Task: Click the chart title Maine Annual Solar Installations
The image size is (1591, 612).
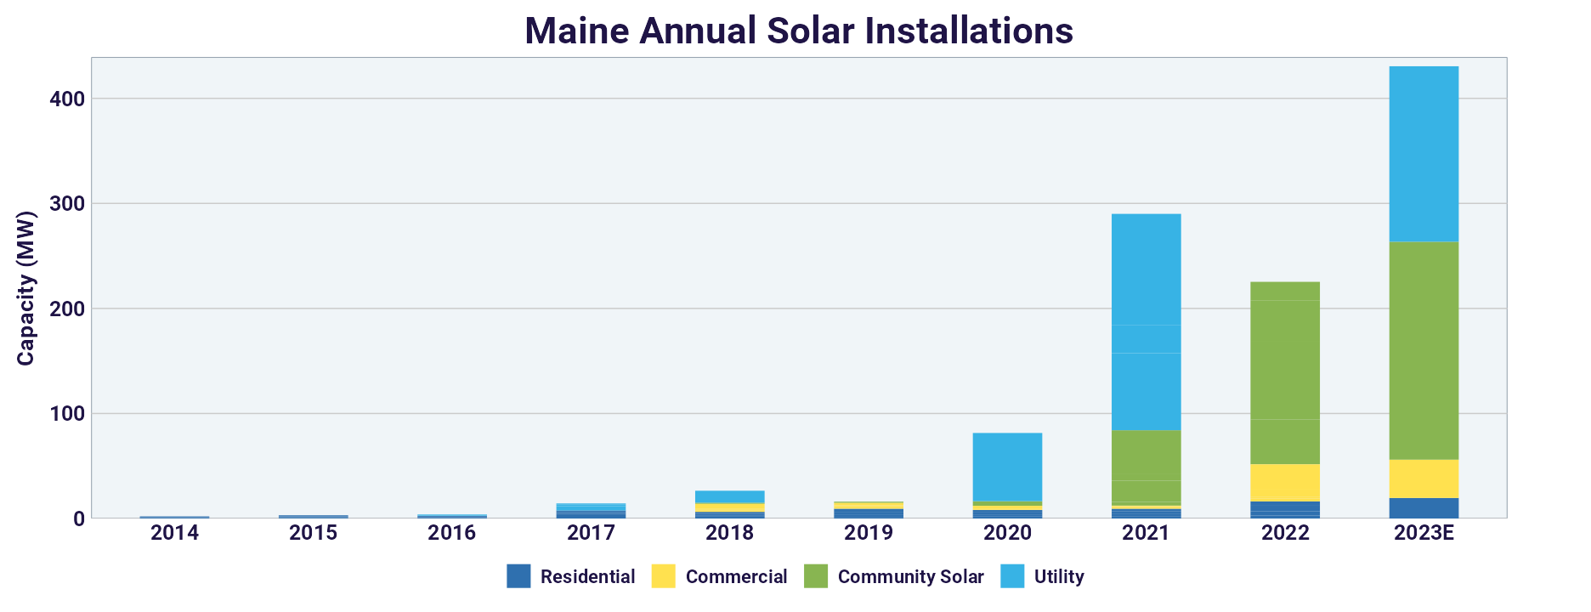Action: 799,31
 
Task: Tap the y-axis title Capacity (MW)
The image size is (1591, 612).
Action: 26,288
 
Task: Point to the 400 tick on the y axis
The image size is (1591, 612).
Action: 67,99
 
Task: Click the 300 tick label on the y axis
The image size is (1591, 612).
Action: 67,204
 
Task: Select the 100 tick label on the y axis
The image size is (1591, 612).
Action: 67,414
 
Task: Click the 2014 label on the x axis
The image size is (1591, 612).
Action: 174,533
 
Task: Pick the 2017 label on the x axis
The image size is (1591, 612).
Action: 591,533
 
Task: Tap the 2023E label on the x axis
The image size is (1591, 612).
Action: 1424,533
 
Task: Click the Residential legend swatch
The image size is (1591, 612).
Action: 518,576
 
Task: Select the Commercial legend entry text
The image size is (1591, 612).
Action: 736,576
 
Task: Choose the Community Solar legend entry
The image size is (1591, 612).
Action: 910,576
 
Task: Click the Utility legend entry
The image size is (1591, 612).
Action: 1059,576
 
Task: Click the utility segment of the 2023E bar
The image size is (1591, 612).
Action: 1424,153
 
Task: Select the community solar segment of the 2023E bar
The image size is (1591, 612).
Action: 1424,350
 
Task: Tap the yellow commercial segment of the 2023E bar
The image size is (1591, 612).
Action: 1424,479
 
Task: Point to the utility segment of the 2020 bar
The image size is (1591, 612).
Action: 1007,467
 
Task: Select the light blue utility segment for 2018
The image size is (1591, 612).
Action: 729,496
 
